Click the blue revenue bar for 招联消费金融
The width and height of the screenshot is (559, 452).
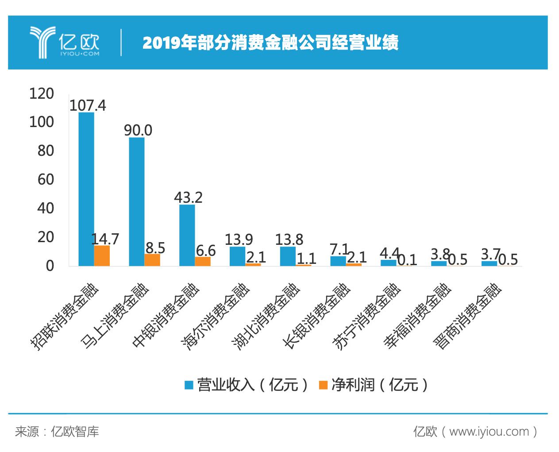click(x=86, y=189)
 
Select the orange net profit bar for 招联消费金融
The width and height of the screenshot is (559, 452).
click(x=102, y=255)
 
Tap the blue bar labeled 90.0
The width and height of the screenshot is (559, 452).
click(x=137, y=201)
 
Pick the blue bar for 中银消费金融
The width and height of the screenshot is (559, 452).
click(x=187, y=235)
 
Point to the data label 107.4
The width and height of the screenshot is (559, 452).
click(x=88, y=105)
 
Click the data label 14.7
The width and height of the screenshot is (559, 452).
click(x=105, y=239)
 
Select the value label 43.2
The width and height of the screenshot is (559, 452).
click(x=188, y=197)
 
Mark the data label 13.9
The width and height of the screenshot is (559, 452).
click(x=239, y=240)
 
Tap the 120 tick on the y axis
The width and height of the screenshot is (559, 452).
click(x=41, y=93)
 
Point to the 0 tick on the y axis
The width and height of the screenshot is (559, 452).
click(x=50, y=266)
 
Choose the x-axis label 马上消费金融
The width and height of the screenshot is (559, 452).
click(x=116, y=316)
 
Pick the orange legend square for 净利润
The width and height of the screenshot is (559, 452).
click(x=323, y=385)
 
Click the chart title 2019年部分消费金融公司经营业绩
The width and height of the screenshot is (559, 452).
click(x=270, y=43)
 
